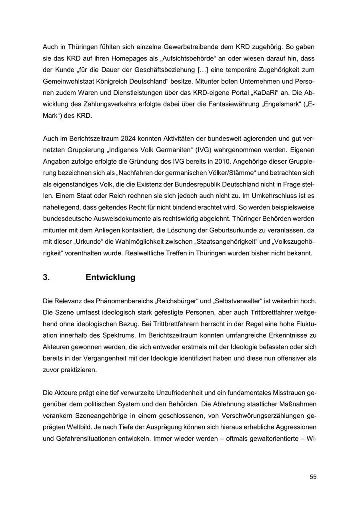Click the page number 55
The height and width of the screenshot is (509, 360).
pos(313,477)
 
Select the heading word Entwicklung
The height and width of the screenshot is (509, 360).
pos(110,277)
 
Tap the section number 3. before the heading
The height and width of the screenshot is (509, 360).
pos(46,277)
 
